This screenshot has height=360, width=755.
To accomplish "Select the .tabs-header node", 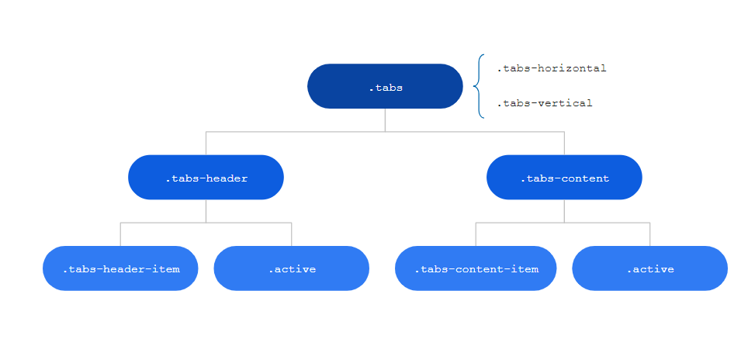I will pyautogui.click(x=206, y=178).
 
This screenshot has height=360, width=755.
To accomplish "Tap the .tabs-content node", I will pyautogui.click(x=564, y=178).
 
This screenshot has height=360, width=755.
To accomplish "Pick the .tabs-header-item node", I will pyautogui.click(x=120, y=268).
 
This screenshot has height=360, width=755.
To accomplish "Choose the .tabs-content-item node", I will pyautogui.click(x=476, y=268).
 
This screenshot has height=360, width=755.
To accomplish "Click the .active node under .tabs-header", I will pyautogui.click(x=291, y=268).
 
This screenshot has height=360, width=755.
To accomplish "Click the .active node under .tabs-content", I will pyautogui.click(x=649, y=268).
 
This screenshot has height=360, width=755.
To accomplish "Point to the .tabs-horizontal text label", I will pyautogui.click(x=551, y=68).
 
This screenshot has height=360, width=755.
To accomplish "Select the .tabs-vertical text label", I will pyautogui.click(x=544, y=103).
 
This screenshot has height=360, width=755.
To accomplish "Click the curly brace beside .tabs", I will pyautogui.click(x=479, y=86).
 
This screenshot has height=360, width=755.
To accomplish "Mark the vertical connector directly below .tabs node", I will pyautogui.click(x=385, y=119).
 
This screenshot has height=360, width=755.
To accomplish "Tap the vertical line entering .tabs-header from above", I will pyautogui.click(x=206, y=144).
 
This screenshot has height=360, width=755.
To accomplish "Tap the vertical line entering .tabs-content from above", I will pyautogui.click(x=564, y=144).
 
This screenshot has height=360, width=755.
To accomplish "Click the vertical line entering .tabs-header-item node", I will pyautogui.click(x=120, y=234).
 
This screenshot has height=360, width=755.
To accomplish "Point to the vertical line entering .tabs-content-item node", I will pyautogui.click(x=476, y=234).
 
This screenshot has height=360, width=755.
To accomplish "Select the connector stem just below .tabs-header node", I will pyautogui.click(x=206, y=211).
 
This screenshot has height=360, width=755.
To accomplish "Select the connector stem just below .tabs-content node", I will pyautogui.click(x=564, y=211).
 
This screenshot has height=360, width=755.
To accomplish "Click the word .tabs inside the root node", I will pyautogui.click(x=386, y=88).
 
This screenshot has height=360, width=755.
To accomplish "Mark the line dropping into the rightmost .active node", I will pyautogui.click(x=649, y=234).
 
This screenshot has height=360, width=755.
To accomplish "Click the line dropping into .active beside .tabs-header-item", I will pyautogui.click(x=291, y=234).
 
